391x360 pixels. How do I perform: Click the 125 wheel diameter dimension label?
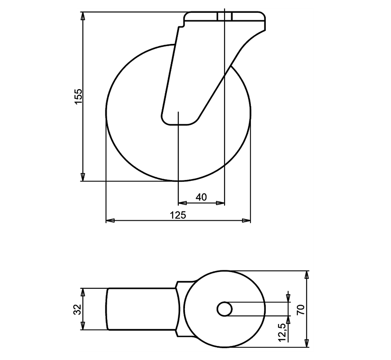coord(178,215)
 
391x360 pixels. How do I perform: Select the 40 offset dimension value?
coord(201,198)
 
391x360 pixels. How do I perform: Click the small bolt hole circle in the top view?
coord(225,309)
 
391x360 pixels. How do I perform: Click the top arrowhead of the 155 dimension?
coord(83,16)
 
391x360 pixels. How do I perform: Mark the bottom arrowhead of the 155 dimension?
coord(83,177)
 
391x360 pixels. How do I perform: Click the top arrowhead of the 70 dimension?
coord(307,274)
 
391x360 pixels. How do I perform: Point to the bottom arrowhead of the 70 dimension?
coord(307,343)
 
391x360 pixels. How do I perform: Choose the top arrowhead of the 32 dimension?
coord(83,292)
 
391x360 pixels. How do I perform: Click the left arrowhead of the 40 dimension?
coord(181,203)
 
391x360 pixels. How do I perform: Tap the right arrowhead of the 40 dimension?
coord(221,203)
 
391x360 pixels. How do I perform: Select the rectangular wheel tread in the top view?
coord(141,309)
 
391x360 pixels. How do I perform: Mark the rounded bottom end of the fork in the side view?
coord(180,120)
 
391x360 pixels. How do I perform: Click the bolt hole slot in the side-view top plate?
coord(224,16)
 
